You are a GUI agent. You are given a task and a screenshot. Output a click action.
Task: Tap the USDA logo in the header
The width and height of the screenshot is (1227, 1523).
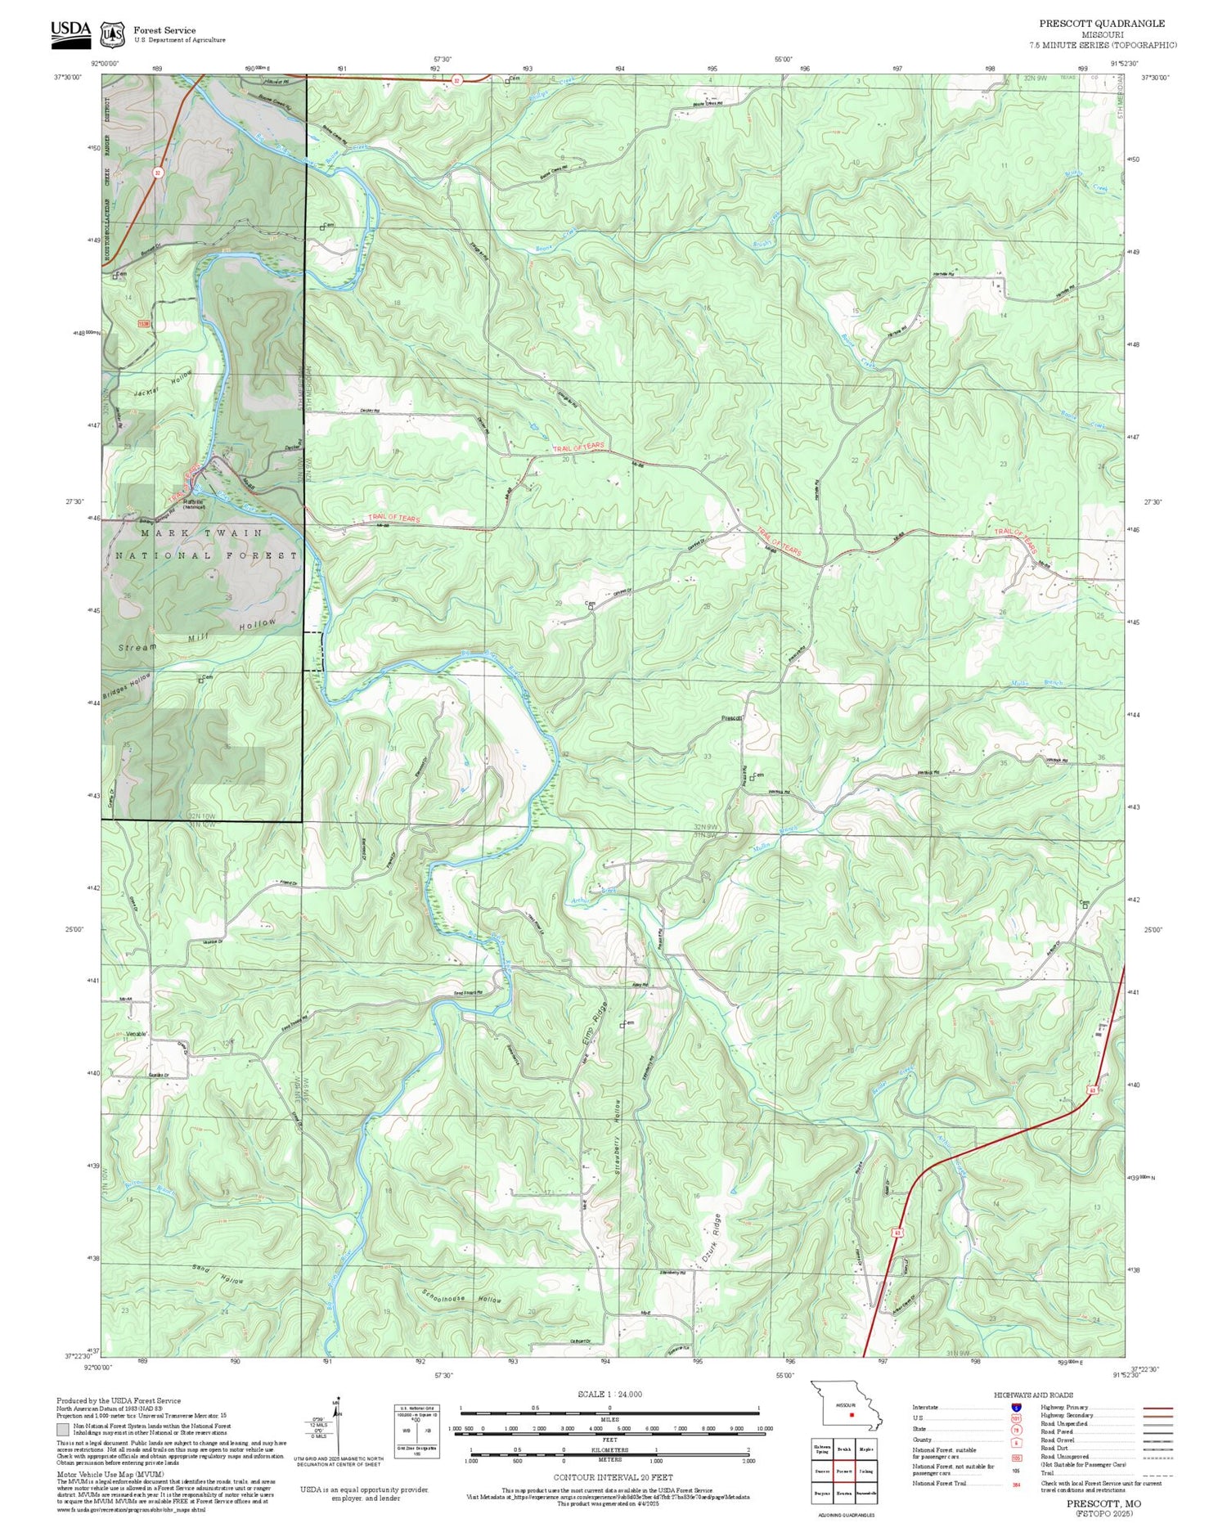click(70, 29)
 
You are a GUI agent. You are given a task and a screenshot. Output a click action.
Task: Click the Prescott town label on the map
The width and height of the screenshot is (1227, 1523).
click(730, 718)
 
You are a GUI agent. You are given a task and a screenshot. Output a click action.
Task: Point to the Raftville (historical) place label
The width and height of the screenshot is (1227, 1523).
click(198, 503)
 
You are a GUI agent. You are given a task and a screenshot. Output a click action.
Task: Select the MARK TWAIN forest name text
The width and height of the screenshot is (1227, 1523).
click(201, 532)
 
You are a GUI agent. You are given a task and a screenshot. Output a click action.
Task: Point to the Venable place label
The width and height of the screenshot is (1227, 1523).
click(137, 1034)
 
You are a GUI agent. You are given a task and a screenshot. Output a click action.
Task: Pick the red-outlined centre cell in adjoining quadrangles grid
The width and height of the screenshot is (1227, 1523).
click(843, 1469)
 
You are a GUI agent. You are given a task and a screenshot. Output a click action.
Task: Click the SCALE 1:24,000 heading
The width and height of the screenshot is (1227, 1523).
click(609, 1394)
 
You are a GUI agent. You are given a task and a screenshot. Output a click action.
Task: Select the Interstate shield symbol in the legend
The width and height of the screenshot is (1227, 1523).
click(1017, 1408)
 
